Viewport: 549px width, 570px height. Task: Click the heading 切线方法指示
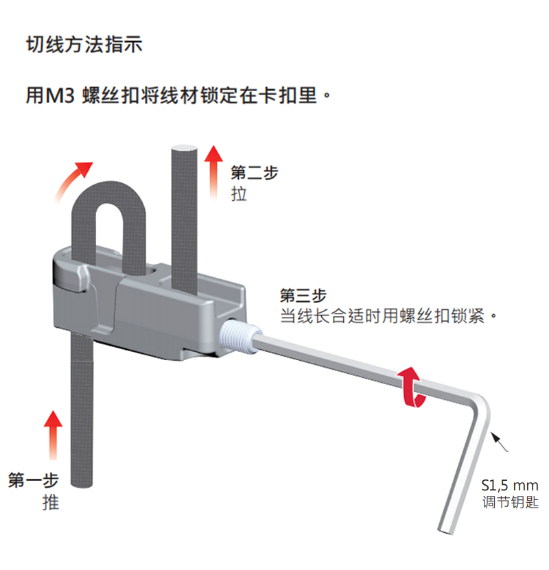click(x=83, y=45)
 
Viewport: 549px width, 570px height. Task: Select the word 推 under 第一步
click(x=51, y=502)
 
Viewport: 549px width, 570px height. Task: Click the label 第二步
click(x=255, y=173)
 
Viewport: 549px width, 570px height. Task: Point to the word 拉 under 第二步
click(x=240, y=194)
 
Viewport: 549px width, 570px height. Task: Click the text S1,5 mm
click(x=509, y=485)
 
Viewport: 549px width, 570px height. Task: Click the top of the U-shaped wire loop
click(x=109, y=189)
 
